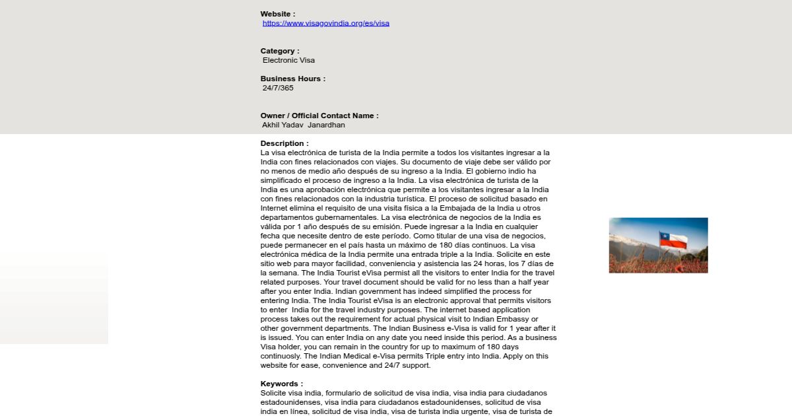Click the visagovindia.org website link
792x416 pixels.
click(x=326, y=23)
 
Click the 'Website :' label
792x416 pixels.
click(x=278, y=14)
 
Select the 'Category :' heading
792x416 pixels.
click(x=280, y=51)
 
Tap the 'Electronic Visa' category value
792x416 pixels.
click(x=288, y=60)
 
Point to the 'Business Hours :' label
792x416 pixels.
click(x=293, y=79)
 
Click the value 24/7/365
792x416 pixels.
click(x=278, y=88)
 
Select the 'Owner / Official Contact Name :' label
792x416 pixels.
click(x=319, y=116)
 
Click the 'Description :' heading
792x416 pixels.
click(x=284, y=143)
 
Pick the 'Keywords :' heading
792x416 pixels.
click(x=282, y=384)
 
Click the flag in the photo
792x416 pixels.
click(x=673, y=240)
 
